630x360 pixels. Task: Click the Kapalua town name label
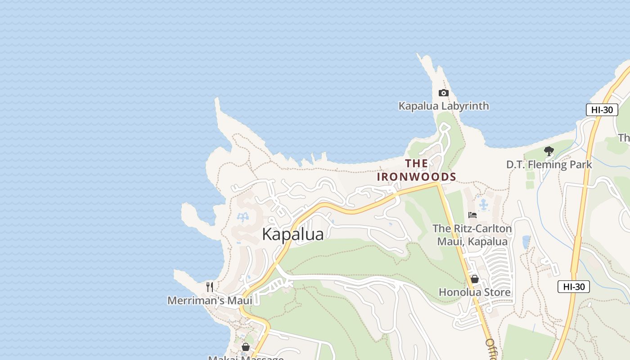point(292,234)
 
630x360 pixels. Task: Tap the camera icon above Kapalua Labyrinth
point(443,93)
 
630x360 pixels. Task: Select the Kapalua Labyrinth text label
point(443,106)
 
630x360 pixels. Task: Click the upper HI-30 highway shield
point(602,110)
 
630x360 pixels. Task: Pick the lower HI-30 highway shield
point(574,287)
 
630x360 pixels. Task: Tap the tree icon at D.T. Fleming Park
point(549,151)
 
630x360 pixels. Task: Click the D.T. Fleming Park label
point(549,165)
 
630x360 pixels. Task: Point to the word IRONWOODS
point(416,177)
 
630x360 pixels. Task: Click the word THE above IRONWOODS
point(416,163)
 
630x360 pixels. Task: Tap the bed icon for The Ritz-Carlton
point(472,215)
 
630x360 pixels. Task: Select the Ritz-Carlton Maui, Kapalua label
point(472,235)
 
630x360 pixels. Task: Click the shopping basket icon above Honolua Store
point(474,279)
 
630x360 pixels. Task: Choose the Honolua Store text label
point(474,292)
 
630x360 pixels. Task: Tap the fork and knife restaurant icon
point(210,287)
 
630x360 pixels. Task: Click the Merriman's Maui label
point(210,300)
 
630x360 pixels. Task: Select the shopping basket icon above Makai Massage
point(246,347)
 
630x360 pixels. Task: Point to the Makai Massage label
point(246,358)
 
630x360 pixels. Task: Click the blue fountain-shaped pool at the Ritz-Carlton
point(484,205)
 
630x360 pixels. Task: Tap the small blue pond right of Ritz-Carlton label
point(526,242)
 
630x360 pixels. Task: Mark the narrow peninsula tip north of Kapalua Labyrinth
point(420,56)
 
